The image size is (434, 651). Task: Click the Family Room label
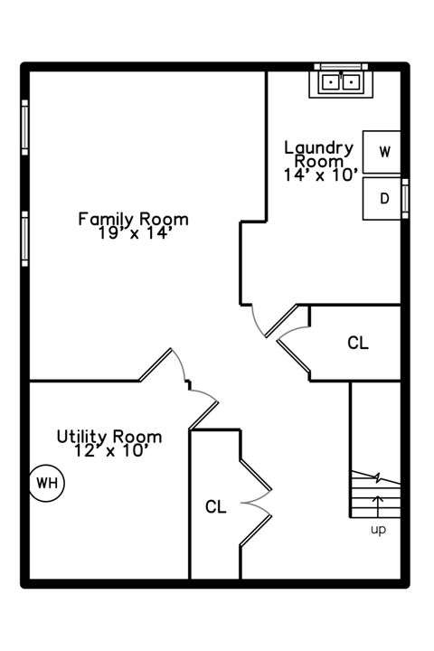pos(133,219)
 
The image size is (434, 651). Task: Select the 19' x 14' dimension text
pos(134,232)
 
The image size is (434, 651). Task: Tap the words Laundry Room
pos(318,153)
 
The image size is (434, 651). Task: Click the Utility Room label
pos(109,436)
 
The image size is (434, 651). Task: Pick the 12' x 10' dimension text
pos(109,450)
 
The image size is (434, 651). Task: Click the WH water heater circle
pos(46,483)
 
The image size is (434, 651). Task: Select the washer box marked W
pos(383,151)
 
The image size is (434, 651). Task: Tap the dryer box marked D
pos(383,199)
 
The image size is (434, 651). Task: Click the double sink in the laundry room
pos(342,81)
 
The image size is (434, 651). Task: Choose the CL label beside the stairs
pos(358,344)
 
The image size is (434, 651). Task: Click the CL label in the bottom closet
pos(215,506)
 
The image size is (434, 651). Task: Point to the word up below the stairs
pos(378,530)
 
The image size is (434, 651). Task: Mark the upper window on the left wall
pos(24,127)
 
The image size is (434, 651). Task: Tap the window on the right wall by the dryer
pos(405,198)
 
